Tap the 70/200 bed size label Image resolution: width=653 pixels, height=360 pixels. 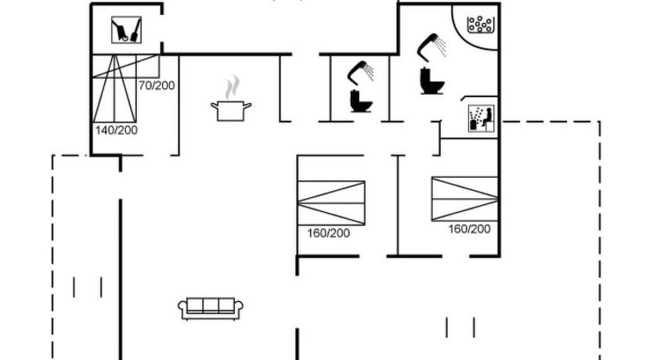click(156, 85)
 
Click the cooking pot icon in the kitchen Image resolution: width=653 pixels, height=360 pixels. click(230, 110)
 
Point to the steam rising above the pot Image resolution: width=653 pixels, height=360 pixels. click(232, 85)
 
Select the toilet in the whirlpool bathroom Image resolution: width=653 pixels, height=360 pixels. click(430, 81)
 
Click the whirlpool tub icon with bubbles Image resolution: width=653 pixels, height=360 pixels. click(479, 25)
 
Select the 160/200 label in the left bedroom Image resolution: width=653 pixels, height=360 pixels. click(328, 233)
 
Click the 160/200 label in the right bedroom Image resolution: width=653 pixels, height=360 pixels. click(469, 229)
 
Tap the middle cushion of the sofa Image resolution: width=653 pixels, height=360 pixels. click(211, 306)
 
